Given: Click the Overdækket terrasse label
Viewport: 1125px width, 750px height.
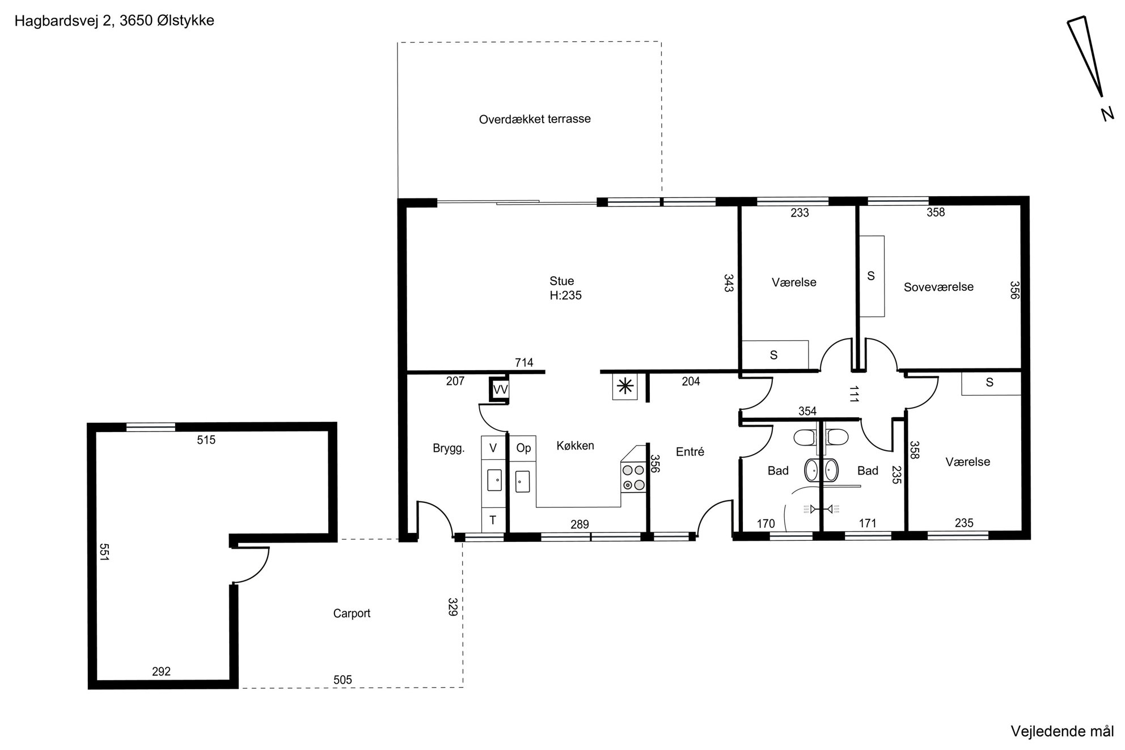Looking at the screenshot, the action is [x=535, y=119].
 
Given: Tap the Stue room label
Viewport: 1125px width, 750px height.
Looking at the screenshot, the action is [x=561, y=281].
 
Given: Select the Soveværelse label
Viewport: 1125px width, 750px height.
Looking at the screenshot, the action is [x=938, y=287].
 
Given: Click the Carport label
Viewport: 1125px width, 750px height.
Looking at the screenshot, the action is [x=352, y=613].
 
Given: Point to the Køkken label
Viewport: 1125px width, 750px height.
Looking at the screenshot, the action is [x=575, y=446].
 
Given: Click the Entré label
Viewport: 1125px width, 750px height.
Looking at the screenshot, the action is [x=690, y=452].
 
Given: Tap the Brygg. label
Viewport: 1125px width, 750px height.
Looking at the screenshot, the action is [x=449, y=448].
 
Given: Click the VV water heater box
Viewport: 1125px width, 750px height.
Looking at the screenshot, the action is [x=500, y=389].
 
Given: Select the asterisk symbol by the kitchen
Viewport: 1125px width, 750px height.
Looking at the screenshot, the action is [x=625, y=387].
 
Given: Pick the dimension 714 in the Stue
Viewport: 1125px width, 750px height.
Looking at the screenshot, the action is [x=524, y=363].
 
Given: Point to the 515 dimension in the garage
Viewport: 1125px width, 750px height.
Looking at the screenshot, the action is [x=206, y=440].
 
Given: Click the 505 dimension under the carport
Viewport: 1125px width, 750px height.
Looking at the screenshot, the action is [x=342, y=680].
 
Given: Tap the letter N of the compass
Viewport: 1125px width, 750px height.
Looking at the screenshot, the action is [x=1107, y=114].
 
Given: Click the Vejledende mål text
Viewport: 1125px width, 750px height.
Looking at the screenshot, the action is [x=1062, y=731].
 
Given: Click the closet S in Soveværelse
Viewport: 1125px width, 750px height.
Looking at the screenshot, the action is [x=872, y=276].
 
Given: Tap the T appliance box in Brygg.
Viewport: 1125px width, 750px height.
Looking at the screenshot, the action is [x=493, y=520].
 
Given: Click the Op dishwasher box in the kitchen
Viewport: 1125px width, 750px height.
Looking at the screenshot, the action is [x=523, y=448].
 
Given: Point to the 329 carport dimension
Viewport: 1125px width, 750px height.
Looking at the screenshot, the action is [x=452, y=607].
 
